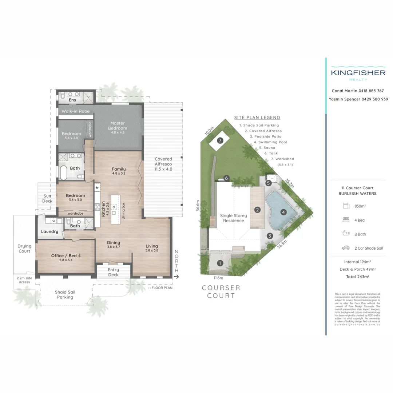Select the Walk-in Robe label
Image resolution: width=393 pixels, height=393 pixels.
click(x=75, y=111)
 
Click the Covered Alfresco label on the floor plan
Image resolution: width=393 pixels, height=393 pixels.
click(x=163, y=164)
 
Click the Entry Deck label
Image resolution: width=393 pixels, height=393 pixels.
click(x=113, y=272)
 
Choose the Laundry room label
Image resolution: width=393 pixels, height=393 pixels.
click(x=49, y=231)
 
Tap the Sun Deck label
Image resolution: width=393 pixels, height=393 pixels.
click(x=47, y=198)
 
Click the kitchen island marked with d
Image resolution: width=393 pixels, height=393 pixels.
click(x=114, y=207)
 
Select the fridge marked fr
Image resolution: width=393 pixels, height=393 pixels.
click(x=97, y=188)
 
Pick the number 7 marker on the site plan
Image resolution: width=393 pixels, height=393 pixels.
click(x=219, y=140)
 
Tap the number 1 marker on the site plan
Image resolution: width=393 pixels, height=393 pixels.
click(x=220, y=263)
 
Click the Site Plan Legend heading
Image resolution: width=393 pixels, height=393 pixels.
click(x=257, y=118)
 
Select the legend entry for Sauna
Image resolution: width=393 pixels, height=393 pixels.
click(x=267, y=148)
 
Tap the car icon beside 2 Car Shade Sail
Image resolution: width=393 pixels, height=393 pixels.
click(x=345, y=248)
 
